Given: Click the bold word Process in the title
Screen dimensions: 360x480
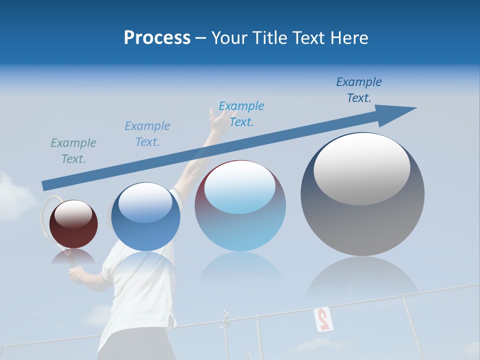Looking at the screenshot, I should pos(157,38).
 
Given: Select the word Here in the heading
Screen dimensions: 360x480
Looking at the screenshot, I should pos(348,38).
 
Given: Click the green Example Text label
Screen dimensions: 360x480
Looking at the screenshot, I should pos(73,150).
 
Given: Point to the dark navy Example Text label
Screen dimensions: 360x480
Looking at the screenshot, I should pos(358,90).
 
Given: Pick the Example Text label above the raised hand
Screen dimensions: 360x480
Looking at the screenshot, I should pos(241,114).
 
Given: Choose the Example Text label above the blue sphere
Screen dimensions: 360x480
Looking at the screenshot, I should pos(147,134).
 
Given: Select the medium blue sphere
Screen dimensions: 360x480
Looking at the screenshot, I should pos(145,217).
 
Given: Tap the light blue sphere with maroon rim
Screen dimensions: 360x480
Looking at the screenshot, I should pos(240,206).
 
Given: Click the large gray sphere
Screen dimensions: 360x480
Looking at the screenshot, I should pos(362,195).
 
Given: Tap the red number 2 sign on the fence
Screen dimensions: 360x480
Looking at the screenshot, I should pos(323,319).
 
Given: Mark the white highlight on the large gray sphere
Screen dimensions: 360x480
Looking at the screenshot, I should pos(361,168).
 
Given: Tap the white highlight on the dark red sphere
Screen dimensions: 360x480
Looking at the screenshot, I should pos(73,214).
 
